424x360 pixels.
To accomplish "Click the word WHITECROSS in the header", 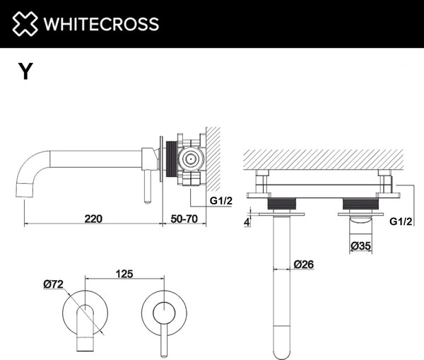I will [x=101, y=24].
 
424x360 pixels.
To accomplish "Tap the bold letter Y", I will [x=25, y=71].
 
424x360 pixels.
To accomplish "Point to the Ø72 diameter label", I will [x=54, y=284].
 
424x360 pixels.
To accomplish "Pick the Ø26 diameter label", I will [x=303, y=264].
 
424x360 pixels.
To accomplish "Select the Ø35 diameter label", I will [x=362, y=245].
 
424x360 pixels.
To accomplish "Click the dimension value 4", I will [x=247, y=221].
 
